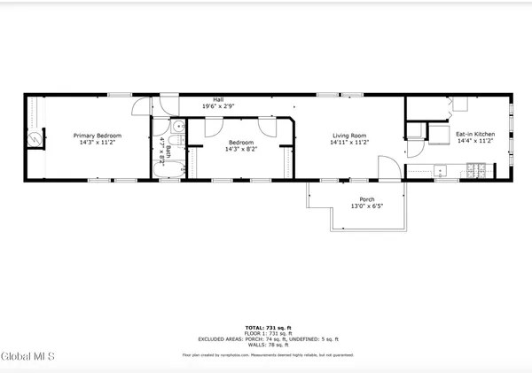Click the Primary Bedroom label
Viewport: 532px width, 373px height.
97,136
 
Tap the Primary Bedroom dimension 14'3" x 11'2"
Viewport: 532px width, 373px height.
97,143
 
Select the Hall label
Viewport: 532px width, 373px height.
217,99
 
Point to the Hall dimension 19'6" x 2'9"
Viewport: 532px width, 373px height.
217,106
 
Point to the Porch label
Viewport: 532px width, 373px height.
366,199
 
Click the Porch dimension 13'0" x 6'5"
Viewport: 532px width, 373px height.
366,206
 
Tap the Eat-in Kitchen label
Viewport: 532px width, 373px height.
475,135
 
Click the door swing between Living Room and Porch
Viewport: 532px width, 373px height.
387,167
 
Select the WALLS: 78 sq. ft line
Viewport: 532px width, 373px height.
266,345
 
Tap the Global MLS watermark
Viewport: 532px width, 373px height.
28,356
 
